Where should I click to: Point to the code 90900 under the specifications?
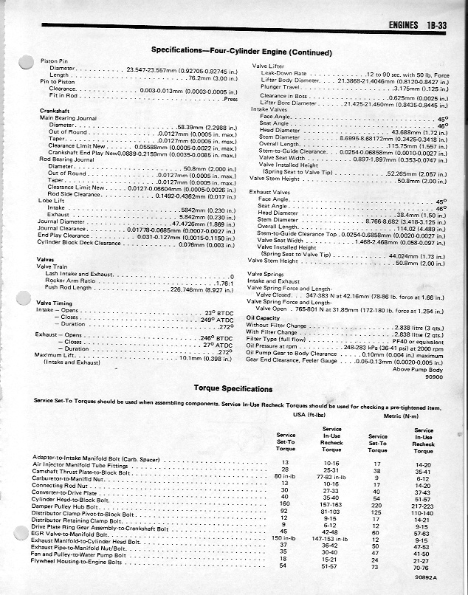[x=436, y=376]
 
